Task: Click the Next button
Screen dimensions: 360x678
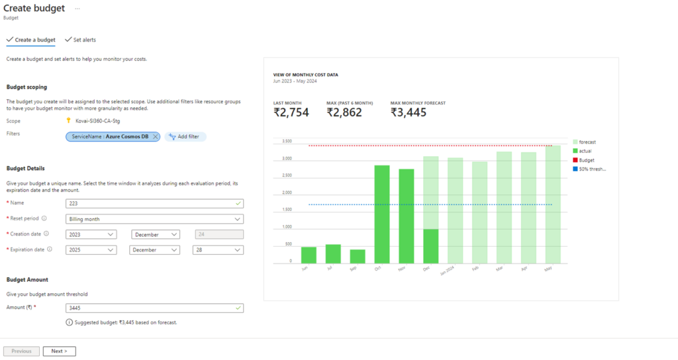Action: coord(59,351)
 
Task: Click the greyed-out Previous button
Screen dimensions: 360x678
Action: coord(21,351)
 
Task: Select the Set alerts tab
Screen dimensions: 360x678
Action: coord(80,40)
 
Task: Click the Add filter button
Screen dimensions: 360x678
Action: coord(186,136)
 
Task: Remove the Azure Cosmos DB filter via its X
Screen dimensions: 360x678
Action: coord(156,136)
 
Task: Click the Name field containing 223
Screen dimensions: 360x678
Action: coord(154,204)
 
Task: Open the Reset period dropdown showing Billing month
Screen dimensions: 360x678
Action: coord(154,219)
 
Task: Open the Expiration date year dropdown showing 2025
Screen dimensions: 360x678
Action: coord(91,249)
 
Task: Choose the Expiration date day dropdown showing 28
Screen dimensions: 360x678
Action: coord(218,249)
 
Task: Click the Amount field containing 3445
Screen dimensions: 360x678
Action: coord(154,308)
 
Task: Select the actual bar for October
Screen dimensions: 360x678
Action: coord(381,214)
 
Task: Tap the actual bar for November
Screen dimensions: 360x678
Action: coord(406,216)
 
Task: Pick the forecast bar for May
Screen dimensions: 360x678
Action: coord(553,204)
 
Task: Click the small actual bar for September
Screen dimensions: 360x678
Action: coord(358,256)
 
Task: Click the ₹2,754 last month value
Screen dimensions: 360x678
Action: coord(291,112)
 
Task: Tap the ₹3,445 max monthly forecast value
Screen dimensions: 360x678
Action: coord(408,112)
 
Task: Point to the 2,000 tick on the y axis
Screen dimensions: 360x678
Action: coord(287,193)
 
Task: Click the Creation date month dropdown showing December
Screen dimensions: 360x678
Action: coord(156,234)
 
